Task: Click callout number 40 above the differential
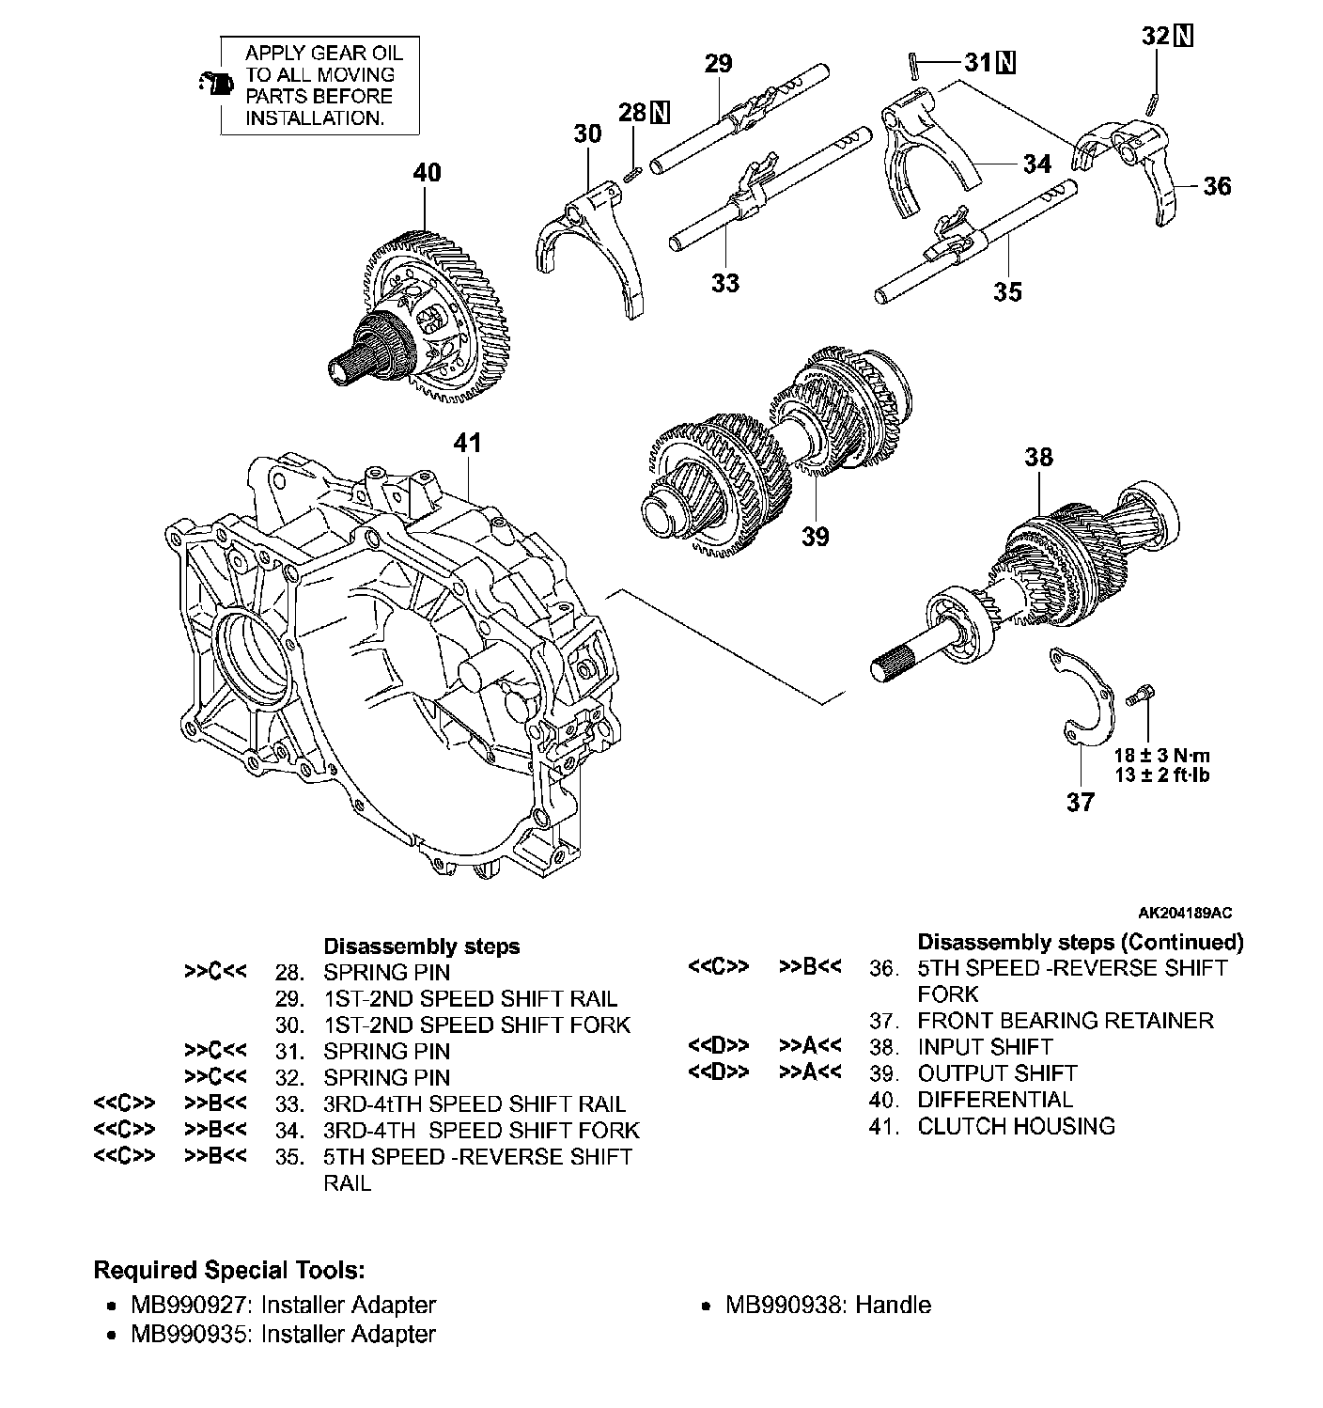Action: [427, 172]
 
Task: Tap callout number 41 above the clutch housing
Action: [467, 443]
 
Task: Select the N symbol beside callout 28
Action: [660, 112]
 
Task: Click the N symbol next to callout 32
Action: [1183, 36]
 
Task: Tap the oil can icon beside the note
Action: [218, 85]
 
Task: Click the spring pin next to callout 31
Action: [914, 65]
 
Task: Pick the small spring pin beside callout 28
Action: [634, 173]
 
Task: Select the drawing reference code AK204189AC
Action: [1186, 913]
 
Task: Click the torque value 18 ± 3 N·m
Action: [1162, 755]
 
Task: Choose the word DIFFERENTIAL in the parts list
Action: [995, 1100]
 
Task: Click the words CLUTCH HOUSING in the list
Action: [1016, 1126]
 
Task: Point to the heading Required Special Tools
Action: [229, 1270]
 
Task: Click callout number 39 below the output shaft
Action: [816, 536]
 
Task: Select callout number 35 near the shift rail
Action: [1007, 291]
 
